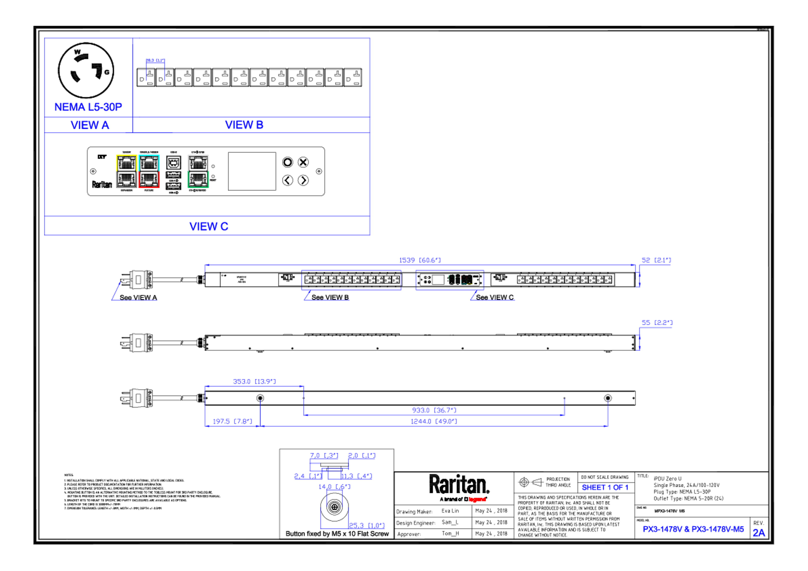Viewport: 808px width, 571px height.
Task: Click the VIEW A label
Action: [90, 125]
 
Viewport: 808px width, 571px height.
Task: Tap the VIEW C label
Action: [209, 226]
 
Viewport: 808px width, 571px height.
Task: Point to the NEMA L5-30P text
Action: [88, 107]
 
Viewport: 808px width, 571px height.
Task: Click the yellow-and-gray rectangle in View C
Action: [126, 171]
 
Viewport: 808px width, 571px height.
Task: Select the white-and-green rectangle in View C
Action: [198, 171]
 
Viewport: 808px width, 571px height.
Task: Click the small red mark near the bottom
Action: [477, 499]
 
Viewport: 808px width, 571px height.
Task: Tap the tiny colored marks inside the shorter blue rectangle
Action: [460, 280]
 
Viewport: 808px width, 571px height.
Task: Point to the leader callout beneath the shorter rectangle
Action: [492, 297]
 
